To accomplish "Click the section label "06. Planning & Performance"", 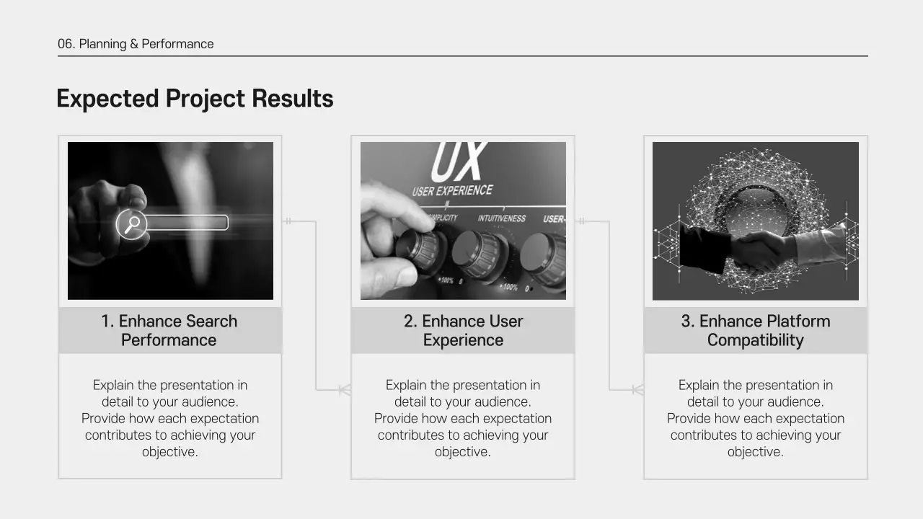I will (x=136, y=44).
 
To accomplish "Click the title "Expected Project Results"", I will (x=195, y=99).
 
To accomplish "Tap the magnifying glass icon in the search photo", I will (x=132, y=223).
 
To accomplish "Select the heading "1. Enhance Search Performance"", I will (x=169, y=331).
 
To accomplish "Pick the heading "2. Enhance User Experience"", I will (x=463, y=331).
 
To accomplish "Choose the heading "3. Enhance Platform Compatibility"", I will (x=755, y=331).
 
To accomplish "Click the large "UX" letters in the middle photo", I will (x=458, y=162).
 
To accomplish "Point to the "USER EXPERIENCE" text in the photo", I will (x=452, y=191).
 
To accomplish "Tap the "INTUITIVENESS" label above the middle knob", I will (x=502, y=218).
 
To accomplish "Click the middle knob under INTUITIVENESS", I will (x=479, y=254).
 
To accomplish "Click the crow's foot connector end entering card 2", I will (x=345, y=390).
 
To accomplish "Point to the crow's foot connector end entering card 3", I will (x=637, y=390).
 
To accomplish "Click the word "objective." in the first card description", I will (x=170, y=452).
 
